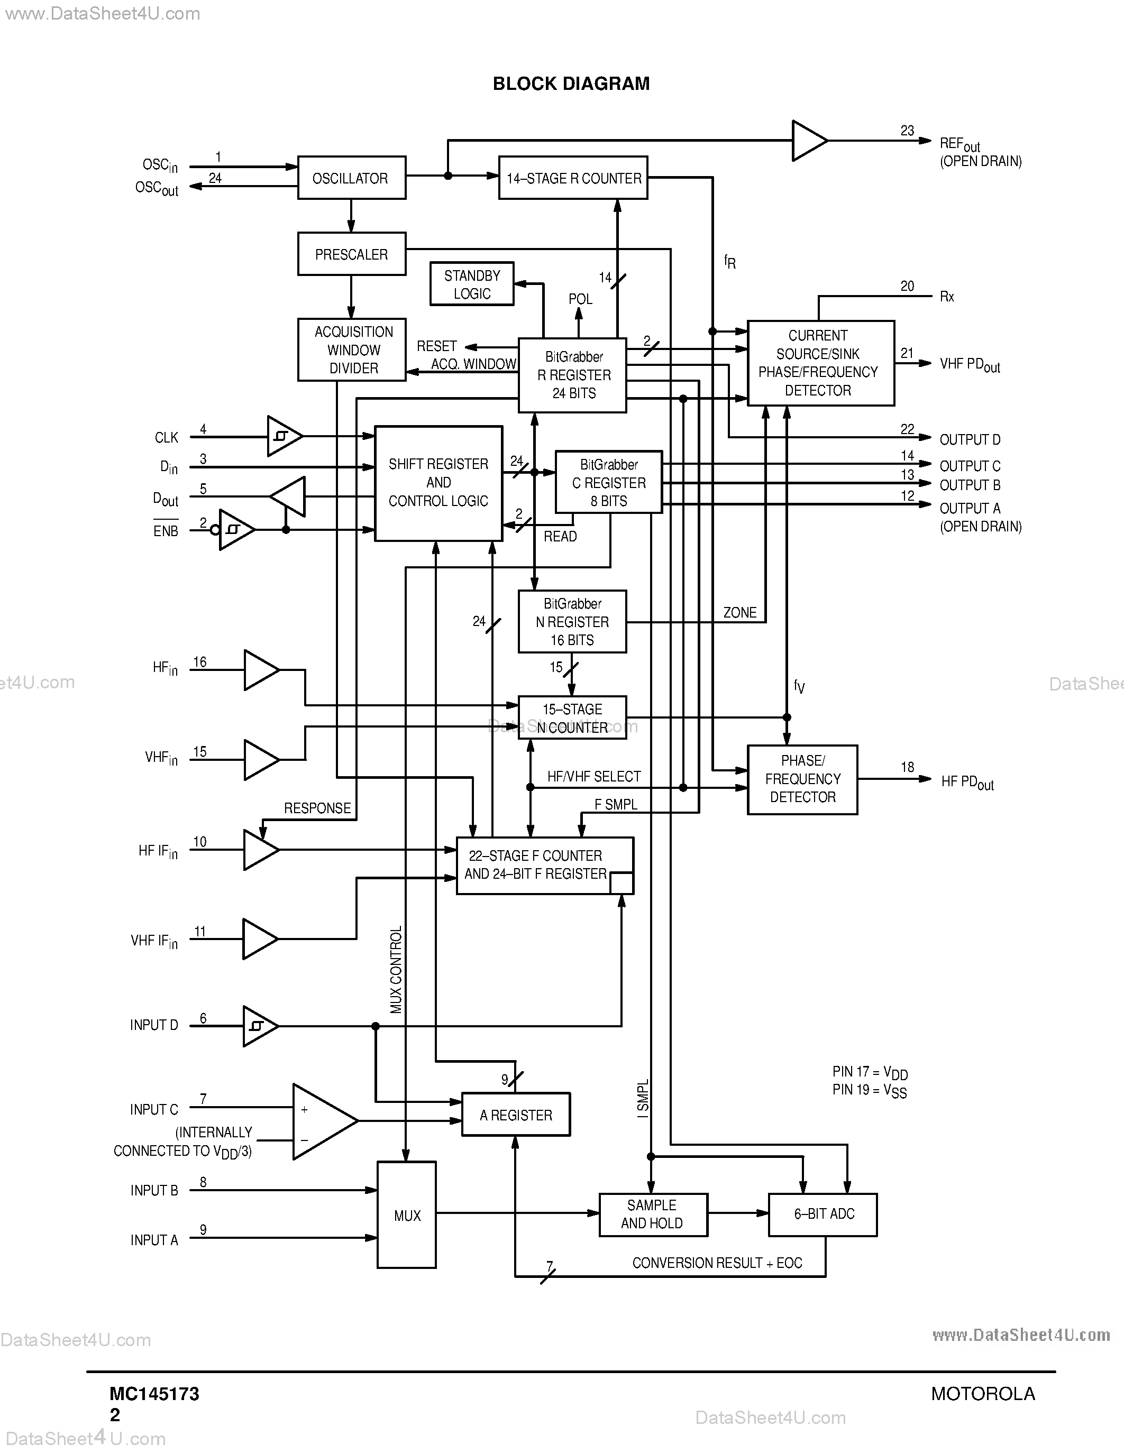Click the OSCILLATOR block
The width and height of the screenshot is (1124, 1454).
(351, 178)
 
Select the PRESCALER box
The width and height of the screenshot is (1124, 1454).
(351, 254)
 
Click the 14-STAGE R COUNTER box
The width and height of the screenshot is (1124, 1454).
(573, 178)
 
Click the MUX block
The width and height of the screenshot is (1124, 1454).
(406, 1215)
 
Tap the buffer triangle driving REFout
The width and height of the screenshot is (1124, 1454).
(807, 141)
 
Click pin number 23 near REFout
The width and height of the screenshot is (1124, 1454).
(907, 131)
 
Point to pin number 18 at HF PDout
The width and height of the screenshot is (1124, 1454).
(907, 767)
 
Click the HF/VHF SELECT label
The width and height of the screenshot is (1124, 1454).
(593, 776)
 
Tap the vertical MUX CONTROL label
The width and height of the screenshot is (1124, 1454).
(396, 969)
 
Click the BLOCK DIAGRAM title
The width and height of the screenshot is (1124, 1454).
(571, 84)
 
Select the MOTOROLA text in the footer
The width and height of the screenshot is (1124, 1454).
(983, 1393)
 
